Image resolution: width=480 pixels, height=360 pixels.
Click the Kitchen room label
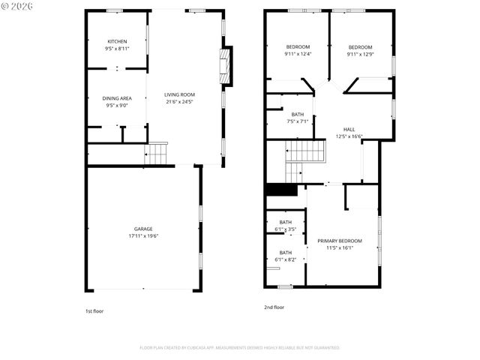[117, 41]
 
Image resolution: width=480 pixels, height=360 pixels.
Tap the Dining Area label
[117, 98]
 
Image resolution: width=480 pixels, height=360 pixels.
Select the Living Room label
[180, 94]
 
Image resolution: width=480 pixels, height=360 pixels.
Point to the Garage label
[143, 229]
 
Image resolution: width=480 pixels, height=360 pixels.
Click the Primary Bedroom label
[339, 241]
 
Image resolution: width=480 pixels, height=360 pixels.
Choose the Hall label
[349, 129]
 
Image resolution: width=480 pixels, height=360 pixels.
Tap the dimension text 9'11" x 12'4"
[297, 54]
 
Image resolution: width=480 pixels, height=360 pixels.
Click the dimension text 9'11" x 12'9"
[360, 54]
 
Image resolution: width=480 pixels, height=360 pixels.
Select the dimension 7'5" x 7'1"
[298, 121]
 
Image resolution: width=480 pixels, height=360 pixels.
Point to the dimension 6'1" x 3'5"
[286, 229]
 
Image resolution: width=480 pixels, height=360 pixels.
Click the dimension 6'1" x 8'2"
[286, 259]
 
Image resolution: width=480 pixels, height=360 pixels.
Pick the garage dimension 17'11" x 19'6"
[143, 236]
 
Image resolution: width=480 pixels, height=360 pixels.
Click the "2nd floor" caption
[274, 307]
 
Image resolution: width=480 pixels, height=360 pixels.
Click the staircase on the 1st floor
[157, 154]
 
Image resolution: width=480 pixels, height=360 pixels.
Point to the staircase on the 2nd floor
[306, 152]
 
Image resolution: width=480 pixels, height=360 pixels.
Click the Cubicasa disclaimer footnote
[239, 348]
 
